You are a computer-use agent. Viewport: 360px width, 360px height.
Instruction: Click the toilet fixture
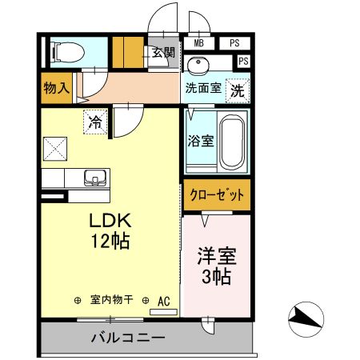[66, 54]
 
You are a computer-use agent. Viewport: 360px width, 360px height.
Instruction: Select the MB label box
[198, 43]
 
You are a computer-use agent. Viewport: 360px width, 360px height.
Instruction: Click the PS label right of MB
[234, 43]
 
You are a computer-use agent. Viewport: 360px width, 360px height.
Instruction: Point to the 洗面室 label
[203, 88]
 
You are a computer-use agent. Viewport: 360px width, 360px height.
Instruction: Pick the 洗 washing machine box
[237, 90]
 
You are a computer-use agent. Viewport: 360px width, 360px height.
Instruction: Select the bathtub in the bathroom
[233, 142]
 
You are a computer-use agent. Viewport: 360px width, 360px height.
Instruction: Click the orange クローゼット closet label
[216, 194]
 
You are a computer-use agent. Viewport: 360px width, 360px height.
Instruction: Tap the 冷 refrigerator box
[95, 122]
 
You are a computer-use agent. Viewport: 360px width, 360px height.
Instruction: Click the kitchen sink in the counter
[94, 178]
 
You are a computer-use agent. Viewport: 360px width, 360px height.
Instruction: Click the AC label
[164, 301]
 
